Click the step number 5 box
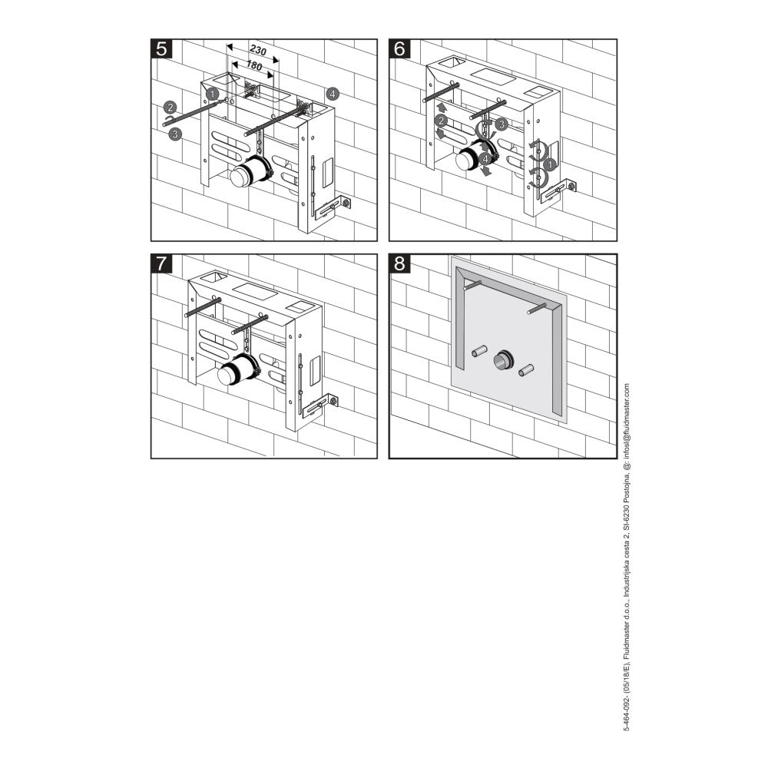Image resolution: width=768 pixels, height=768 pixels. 162,49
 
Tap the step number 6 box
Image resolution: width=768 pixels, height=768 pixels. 400,49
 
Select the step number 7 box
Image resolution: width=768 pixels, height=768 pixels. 162,264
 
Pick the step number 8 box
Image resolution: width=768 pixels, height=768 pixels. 400,264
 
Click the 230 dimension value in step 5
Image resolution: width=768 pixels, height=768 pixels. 258,51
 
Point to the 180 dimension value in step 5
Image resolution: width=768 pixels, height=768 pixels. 254,67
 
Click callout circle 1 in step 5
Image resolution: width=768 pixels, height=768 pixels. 213,93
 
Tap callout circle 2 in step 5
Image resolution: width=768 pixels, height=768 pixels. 170,108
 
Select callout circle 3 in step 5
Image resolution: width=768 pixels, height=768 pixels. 176,134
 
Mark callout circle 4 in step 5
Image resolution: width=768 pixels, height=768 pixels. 332,94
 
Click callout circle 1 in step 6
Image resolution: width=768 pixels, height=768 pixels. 548,164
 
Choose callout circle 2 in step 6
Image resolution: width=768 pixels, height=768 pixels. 442,121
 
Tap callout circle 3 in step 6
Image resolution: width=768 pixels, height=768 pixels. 501,123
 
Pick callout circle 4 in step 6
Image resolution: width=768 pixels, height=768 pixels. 485,159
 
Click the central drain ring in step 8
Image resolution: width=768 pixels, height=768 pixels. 504,359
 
